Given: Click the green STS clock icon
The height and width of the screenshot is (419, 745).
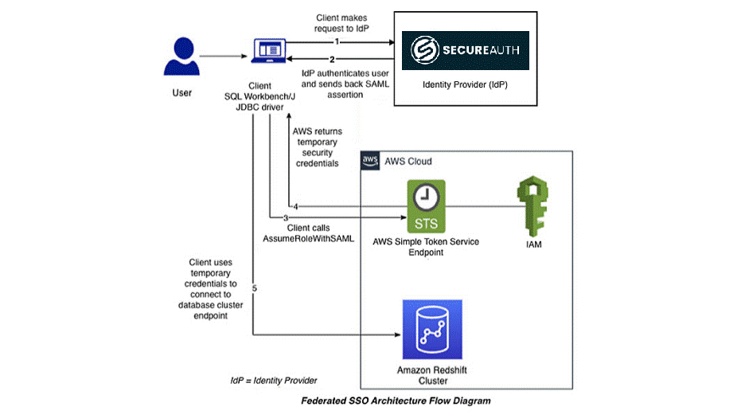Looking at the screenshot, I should click(x=427, y=206).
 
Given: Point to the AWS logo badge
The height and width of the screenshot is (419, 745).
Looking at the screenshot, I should click(x=371, y=160).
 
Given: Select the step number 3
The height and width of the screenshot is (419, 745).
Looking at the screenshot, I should click(x=273, y=217).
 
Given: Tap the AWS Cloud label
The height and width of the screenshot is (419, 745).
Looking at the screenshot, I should click(x=408, y=161).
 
